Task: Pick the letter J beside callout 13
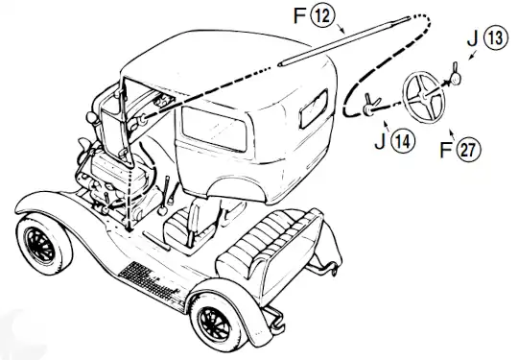[x=473, y=40]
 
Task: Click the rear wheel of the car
[x=213, y=322]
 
